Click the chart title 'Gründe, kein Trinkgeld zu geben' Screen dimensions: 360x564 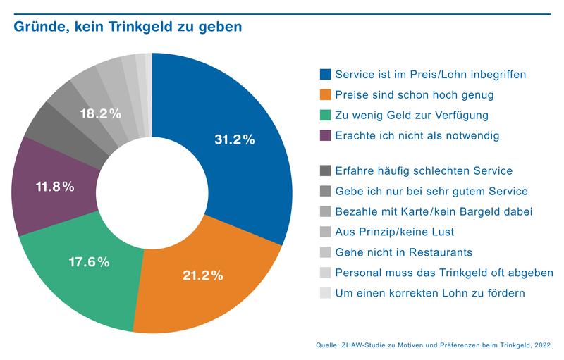pos(125,27)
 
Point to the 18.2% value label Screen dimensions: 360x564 pos(99,113)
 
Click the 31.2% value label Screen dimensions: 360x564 pos(234,139)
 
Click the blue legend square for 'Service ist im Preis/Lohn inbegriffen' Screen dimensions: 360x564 pos(325,74)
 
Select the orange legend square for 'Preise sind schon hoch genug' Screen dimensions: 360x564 pos(325,94)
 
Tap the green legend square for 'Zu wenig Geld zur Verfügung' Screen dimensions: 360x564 pos(325,115)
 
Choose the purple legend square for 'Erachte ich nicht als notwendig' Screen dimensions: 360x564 pos(325,135)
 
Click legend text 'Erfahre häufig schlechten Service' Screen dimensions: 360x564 pos(424,170)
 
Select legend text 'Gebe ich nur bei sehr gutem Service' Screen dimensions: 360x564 pos(431,191)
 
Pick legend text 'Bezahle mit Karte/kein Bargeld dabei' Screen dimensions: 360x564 pos(434,211)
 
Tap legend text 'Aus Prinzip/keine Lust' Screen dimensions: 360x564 pos(395,232)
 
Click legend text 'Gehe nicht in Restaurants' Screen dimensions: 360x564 pos(403,252)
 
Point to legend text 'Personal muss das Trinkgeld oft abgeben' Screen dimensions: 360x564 pos(444,273)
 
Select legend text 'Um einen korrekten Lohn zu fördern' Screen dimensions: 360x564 pos(430,293)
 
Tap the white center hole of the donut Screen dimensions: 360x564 pos(152,192)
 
